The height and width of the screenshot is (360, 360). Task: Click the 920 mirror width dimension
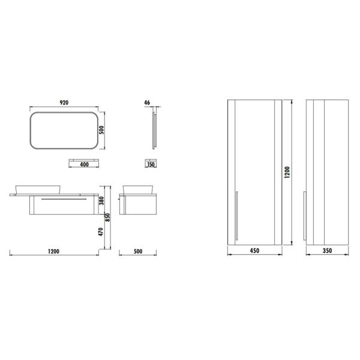click(x=64, y=103)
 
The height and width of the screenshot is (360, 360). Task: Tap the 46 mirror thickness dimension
click(x=147, y=103)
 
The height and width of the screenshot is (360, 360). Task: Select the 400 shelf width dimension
click(x=84, y=164)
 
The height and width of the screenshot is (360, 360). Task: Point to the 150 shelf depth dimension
click(x=151, y=164)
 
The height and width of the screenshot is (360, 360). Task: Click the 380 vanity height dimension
click(x=101, y=200)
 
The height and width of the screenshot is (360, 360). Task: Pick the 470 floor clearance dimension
click(x=101, y=232)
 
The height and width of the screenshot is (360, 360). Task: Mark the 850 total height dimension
click(x=107, y=217)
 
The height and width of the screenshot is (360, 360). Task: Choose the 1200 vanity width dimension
click(x=53, y=251)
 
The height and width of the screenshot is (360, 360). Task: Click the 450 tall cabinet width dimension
click(x=254, y=251)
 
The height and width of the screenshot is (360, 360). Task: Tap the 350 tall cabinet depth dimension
click(x=327, y=251)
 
